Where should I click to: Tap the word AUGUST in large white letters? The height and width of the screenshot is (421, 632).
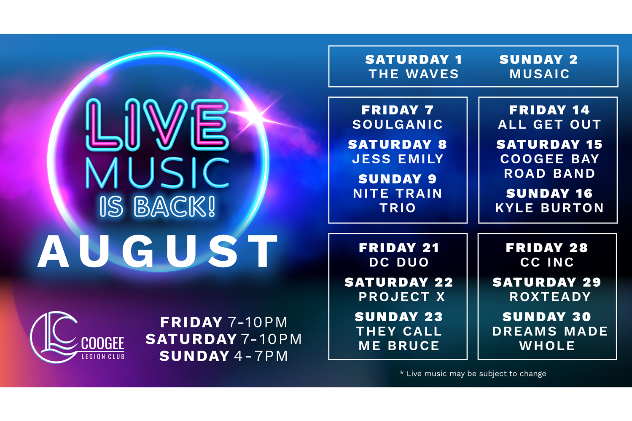tap(157, 251)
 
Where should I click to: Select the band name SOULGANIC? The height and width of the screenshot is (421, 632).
tap(398, 125)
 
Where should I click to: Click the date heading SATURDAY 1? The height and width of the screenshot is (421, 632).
tap(414, 59)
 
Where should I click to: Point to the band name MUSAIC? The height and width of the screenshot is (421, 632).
tap(540, 74)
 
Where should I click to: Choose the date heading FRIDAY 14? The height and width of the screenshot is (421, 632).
tap(549, 110)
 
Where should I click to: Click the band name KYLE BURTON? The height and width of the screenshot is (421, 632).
tap(549, 208)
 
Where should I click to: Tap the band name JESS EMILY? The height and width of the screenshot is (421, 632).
tap(398, 159)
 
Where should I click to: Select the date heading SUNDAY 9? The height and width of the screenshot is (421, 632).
tap(398, 179)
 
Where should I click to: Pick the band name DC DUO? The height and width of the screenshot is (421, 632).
tap(399, 262)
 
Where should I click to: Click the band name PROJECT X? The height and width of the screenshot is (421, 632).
tap(402, 297)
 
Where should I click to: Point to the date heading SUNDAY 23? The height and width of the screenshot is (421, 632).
tap(399, 317)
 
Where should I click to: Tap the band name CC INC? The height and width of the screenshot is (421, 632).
tap(547, 262)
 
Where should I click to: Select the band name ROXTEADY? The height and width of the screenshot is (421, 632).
tap(550, 297)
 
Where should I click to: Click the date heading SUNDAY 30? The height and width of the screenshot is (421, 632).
tap(547, 317)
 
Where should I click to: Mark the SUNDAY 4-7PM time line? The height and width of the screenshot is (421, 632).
tap(223, 356)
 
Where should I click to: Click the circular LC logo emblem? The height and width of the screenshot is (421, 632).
tap(54, 337)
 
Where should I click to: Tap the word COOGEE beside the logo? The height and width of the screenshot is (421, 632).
tap(103, 344)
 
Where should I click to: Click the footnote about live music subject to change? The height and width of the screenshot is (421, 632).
tap(473, 374)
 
